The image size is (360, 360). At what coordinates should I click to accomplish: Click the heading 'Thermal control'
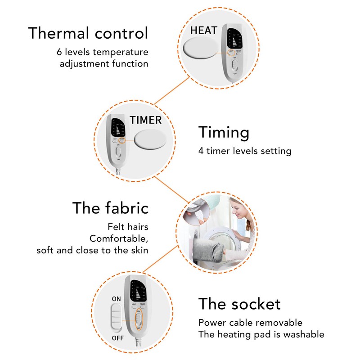click(88, 33)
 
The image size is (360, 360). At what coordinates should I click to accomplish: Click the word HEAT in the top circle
click(203, 31)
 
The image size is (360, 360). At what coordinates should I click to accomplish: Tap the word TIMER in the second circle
click(145, 120)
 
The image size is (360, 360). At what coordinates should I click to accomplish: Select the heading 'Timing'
click(224, 132)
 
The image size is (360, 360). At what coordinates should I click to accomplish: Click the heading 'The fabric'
click(110, 208)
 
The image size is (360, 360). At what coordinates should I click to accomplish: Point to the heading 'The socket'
click(239, 304)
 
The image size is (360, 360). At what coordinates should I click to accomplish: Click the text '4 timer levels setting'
click(245, 151)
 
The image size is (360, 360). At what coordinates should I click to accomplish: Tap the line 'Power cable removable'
click(250, 323)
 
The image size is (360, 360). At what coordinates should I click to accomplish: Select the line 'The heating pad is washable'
click(261, 334)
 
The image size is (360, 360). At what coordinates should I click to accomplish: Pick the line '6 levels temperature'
click(103, 52)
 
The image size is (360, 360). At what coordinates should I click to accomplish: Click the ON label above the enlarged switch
click(116, 298)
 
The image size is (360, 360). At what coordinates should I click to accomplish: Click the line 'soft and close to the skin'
click(93, 250)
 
